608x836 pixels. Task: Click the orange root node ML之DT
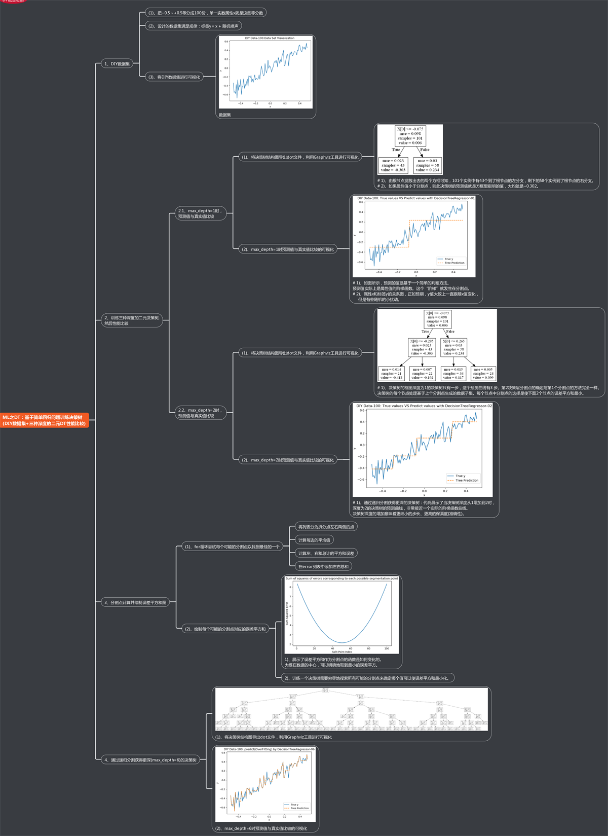pyautogui.click(x=45, y=420)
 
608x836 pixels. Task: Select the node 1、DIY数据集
pyautogui.click(x=117, y=64)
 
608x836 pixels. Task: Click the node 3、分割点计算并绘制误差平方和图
pyautogui.click(x=135, y=602)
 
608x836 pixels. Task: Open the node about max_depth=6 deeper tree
pyautogui.click(x=150, y=760)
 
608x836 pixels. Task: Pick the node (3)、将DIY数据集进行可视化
pyautogui.click(x=174, y=77)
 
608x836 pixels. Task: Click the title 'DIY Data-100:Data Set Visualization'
pyautogui.click(x=270, y=38)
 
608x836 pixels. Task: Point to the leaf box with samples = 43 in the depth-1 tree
pyautogui.click(x=393, y=165)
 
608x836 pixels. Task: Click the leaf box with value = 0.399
pyautogui.click(x=483, y=374)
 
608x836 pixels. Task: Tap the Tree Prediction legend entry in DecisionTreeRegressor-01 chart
pyautogui.click(x=454, y=263)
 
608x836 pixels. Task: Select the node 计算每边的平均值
pyautogui.click(x=314, y=540)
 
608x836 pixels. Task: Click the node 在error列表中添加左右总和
pyautogui.click(x=323, y=566)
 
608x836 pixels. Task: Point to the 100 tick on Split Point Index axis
pyautogui.click(x=387, y=648)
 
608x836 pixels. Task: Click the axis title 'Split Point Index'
pyautogui.click(x=341, y=652)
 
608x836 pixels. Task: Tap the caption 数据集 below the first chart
pyautogui.click(x=225, y=115)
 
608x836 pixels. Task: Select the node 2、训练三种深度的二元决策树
pyautogui.click(x=132, y=320)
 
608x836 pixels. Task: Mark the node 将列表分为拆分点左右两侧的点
pyautogui.click(x=326, y=527)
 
